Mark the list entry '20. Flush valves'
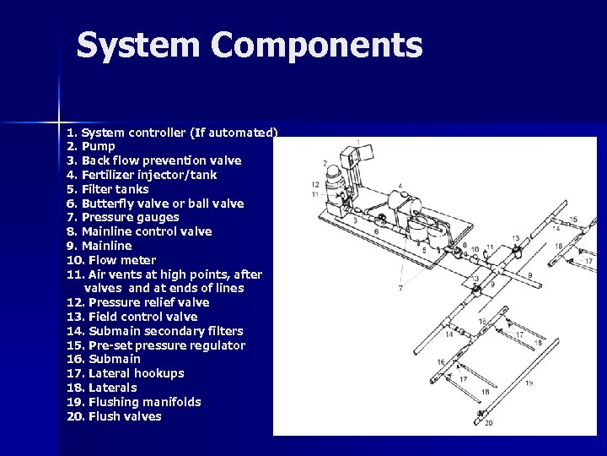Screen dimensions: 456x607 coord(114,415)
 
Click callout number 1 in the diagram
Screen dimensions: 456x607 coord(358,142)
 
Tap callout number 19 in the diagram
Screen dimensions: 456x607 coord(528,383)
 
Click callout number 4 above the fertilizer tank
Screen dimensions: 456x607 coord(399,185)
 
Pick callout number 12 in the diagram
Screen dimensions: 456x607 coord(314,184)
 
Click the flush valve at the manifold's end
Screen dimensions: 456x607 coord(481,413)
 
